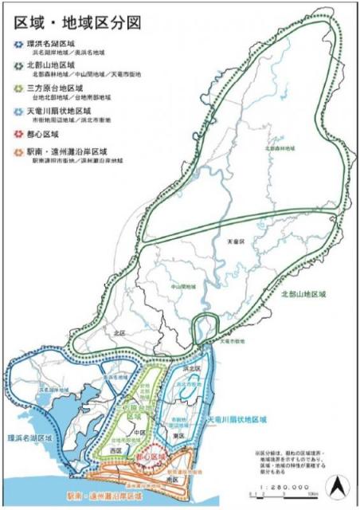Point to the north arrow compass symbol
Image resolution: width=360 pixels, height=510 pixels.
[340, 484]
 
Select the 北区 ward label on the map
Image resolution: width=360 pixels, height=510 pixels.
[119, 333]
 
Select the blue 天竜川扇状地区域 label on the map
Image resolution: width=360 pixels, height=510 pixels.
[237, 418]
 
